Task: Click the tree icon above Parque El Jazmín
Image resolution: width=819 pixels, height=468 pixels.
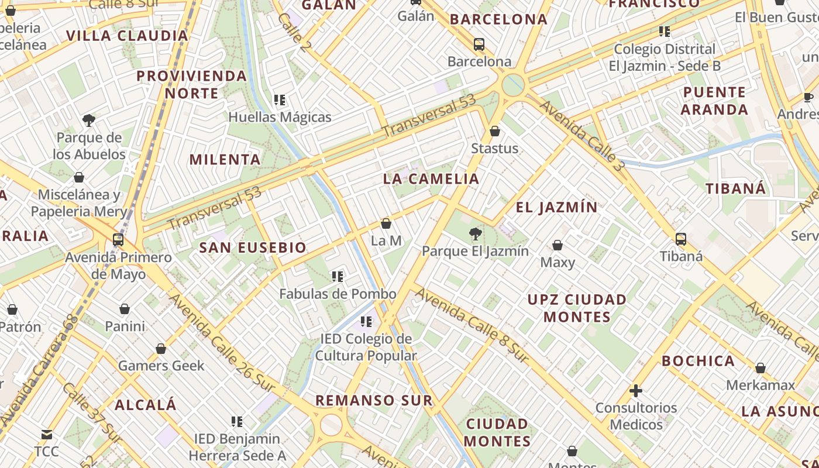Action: [475, 235]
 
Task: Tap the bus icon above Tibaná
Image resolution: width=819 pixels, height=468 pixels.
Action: [680, 239]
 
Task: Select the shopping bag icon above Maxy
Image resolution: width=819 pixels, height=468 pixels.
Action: [558, 245]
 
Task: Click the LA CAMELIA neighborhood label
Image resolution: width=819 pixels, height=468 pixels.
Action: [431, 179]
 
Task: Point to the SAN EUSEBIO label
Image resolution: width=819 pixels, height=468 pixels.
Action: [253, 247]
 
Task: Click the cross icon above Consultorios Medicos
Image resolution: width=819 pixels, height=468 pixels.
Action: [636, 390]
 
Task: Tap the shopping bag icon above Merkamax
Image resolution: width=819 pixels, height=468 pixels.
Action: [760, 368]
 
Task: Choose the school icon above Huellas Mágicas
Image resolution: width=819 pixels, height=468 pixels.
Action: [280, 100]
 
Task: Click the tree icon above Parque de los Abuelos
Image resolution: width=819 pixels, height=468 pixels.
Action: [89, 121]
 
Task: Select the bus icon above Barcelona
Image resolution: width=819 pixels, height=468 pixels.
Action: [479, 44]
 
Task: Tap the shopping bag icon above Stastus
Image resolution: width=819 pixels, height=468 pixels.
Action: [495, 131]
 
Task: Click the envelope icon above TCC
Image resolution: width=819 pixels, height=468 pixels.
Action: [46, 435]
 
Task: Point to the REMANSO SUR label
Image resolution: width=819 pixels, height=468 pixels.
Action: [374, 401]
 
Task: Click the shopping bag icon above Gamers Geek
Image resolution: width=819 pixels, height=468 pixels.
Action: [161, 349]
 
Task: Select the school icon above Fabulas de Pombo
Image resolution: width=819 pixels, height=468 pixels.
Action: [338, 276]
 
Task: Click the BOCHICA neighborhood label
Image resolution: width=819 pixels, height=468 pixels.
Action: [698, 361]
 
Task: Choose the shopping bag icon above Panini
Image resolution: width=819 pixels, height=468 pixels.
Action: [125, 308]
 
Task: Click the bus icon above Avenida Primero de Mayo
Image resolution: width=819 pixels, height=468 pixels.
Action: [118, 240]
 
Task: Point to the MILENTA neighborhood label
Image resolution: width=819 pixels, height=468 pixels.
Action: [225, 159]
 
